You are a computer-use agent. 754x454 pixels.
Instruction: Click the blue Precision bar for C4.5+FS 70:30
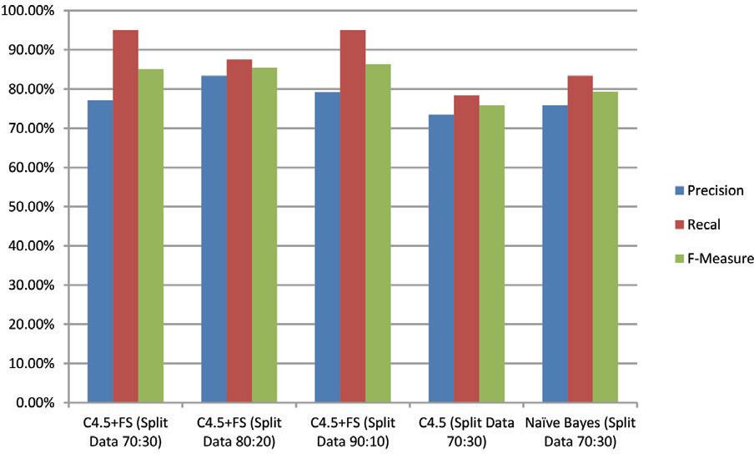(101, 251)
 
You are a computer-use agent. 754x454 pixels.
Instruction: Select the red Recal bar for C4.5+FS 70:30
(126, 216)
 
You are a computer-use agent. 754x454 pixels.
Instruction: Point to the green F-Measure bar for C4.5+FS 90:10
(378, 234)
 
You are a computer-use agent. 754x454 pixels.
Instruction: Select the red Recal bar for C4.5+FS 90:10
(353, 216)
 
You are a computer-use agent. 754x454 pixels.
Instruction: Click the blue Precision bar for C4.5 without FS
(441, 259)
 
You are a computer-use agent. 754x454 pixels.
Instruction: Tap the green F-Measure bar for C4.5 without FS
(491, 254)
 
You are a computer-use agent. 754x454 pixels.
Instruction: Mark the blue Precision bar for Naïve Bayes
(555, 254)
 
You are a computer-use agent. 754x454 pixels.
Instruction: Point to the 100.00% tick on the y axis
(29, 11)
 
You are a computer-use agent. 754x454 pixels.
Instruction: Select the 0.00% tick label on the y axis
(34, 403)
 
